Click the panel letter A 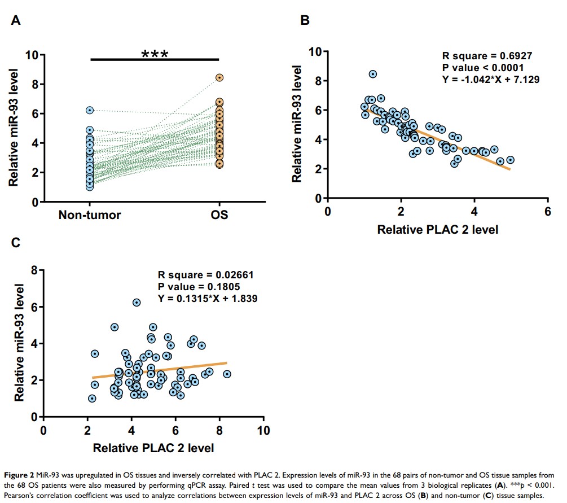point(16,21)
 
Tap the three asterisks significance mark point(155,55)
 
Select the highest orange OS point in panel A point(219,78)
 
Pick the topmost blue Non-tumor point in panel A point(90,111)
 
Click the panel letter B point(305,21)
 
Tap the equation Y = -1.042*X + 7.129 point(490,80)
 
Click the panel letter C point(16,243)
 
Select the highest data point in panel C point(137,303)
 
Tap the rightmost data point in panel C point(227,374)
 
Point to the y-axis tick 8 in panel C point(34,270)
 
